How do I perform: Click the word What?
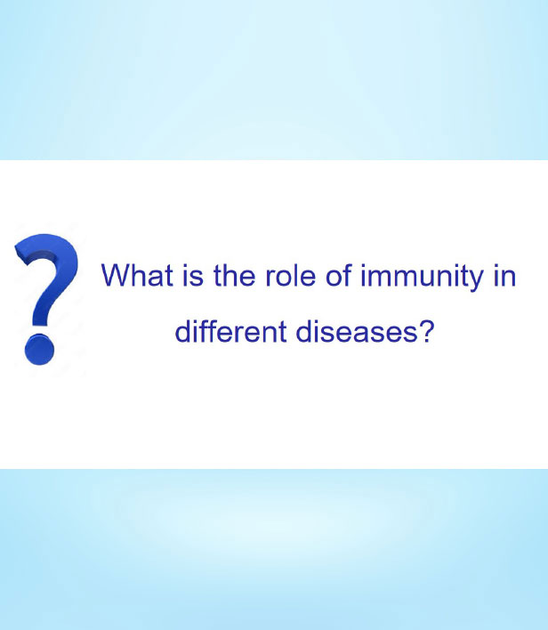tap(137, 275)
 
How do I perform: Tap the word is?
tap(193, 275)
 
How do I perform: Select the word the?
tap(234, 275)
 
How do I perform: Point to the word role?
tap(290, 275)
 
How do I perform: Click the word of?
tap(339, 275)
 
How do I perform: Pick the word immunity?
tap(422, 278)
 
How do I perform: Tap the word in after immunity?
tap(504, 275)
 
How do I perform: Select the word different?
tap(230, 331)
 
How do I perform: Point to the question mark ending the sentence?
tap(427, 331)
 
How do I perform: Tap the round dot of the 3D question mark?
tap(39, 350)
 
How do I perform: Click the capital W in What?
tap(117, 275)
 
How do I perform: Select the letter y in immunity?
tap(476, 280)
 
